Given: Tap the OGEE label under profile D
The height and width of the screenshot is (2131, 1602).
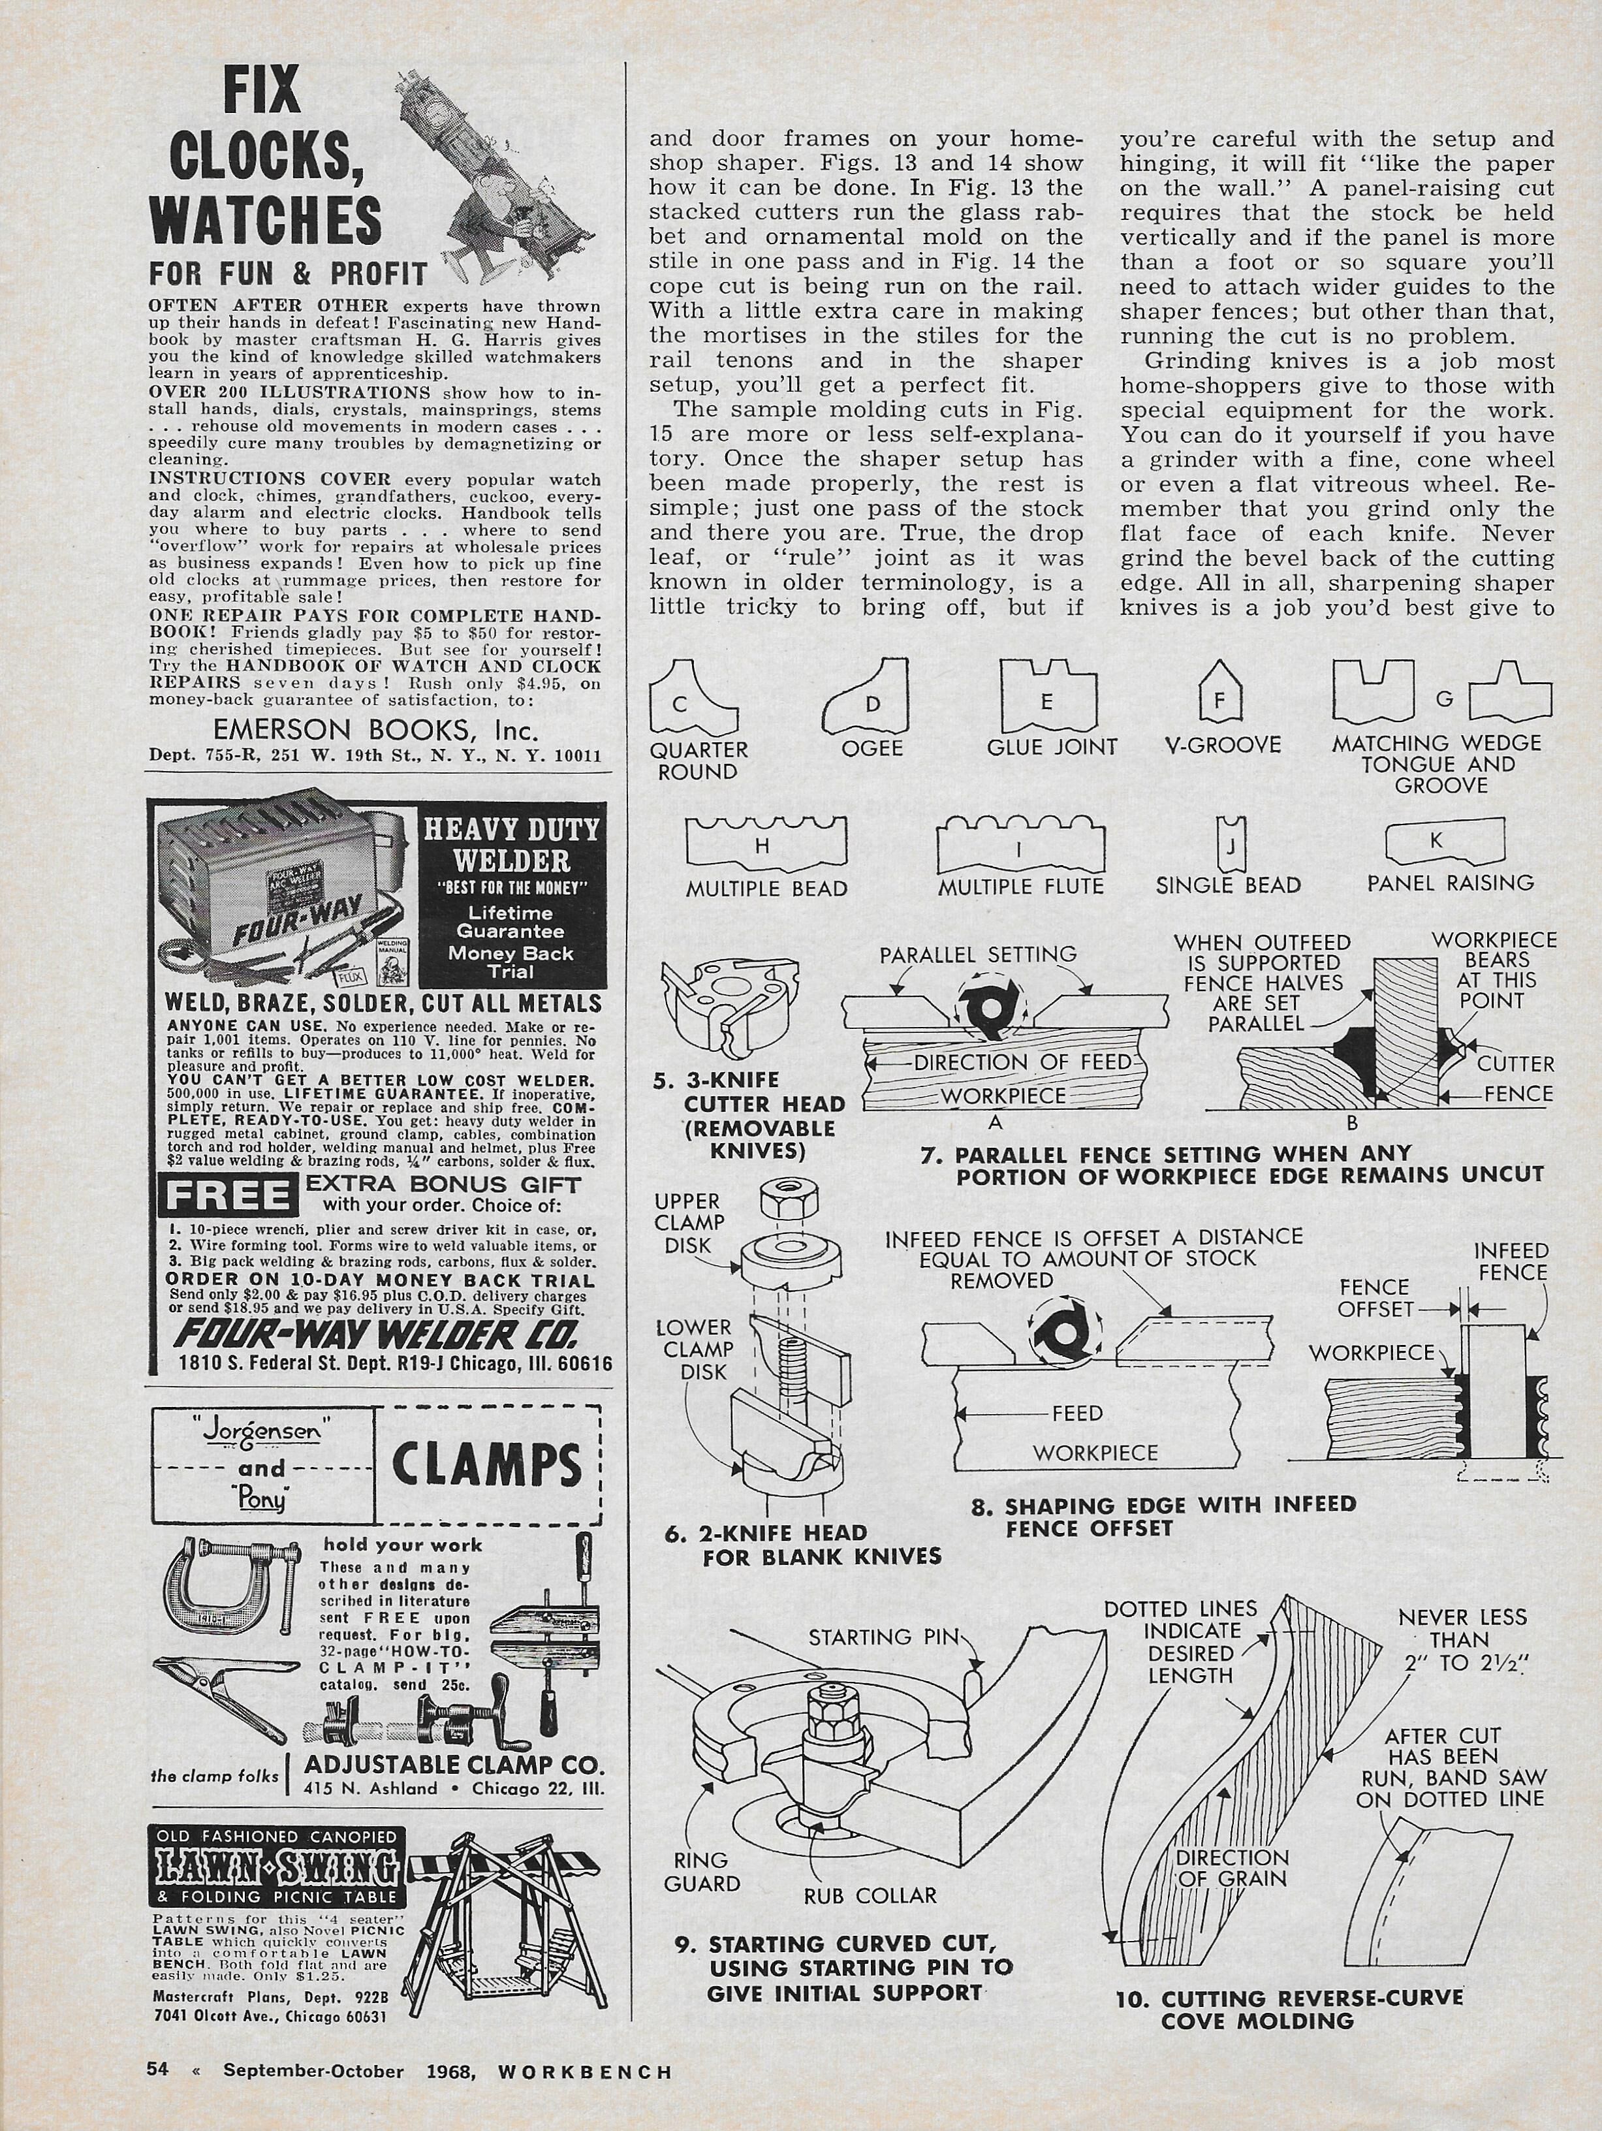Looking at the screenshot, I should pos(872,748).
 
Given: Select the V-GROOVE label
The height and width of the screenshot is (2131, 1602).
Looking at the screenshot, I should pos(1221,745).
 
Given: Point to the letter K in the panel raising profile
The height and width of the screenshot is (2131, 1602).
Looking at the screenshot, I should pos(1436,840).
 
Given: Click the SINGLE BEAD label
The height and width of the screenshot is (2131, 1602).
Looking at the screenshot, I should pos(1228,885).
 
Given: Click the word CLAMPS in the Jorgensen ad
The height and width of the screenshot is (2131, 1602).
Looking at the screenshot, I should pos(488,1465).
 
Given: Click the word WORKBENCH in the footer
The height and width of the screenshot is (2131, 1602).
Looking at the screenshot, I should pos(586,2068).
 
